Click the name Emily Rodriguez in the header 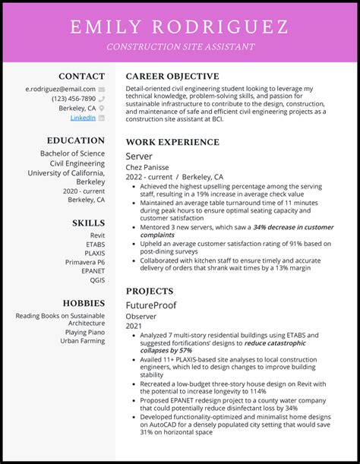click(x=179, y=27)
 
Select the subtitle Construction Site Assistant click(x=180, y=47)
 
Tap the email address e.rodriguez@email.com click(x=61, y=89)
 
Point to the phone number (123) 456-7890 click(x=74, y=99)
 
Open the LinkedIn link click(x=83, y=118)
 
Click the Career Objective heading click(x=172, y=76)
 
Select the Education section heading click(x=75, y=140)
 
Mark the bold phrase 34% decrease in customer click(x=293, y=227)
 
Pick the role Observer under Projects click(x=142, y=315)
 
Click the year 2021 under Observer click(x=134, y=325)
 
